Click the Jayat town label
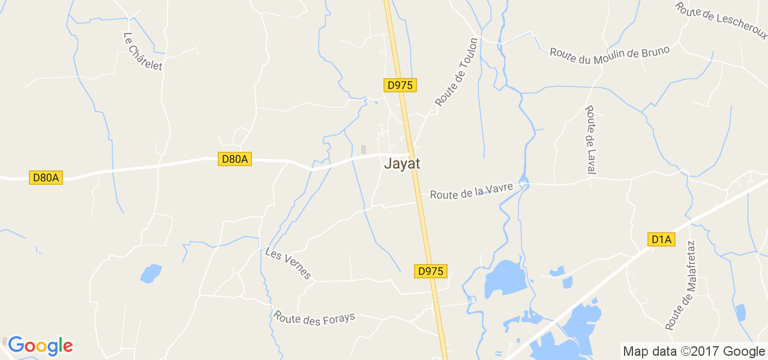point(402,163)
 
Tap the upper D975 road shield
point(400,85)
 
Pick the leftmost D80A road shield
point(46,178)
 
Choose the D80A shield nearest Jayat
point(235,159)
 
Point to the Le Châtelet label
point(143,52)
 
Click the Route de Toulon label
point(457,73)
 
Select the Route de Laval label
point(590,140)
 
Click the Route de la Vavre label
point(472,191)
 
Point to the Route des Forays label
point(314,317)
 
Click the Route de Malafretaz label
point(680,286)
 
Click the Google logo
point(40,346)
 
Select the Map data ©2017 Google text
point(694,352)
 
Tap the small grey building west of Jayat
point(363,149)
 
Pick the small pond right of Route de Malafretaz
point(741,313)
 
